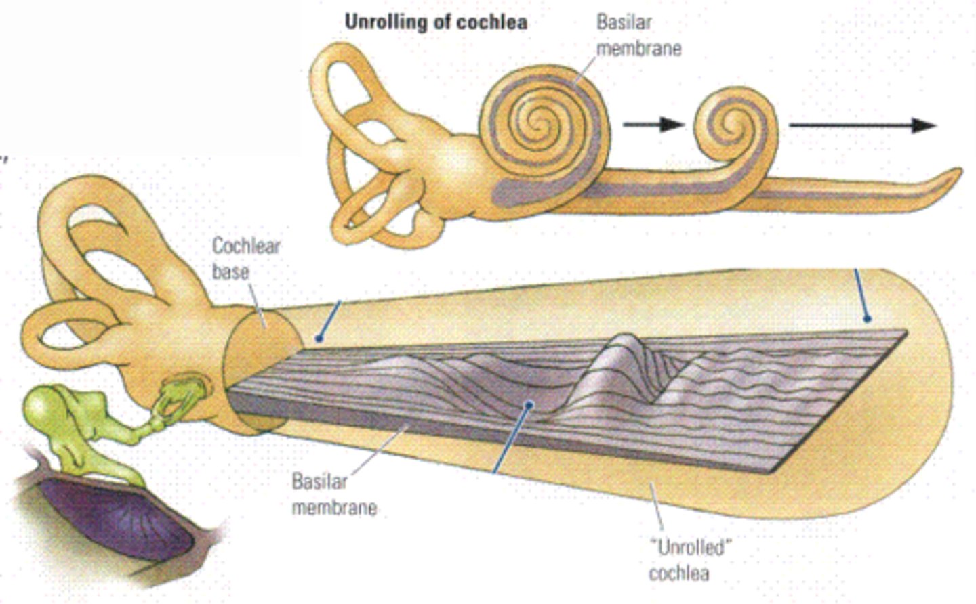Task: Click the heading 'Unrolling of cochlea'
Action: click(x=436, y=22)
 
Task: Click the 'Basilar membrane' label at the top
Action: click(x=638, y=35)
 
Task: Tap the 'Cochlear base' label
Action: click(x=245, y=259)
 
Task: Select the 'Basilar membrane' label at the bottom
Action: click(x=334, y=494)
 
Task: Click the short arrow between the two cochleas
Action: click(x=653, y=124)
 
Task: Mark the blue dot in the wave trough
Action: click(x=530, y=404)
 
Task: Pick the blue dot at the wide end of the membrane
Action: click(x=868, y=318)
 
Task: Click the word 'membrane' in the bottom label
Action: click(x=334, y=507)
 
